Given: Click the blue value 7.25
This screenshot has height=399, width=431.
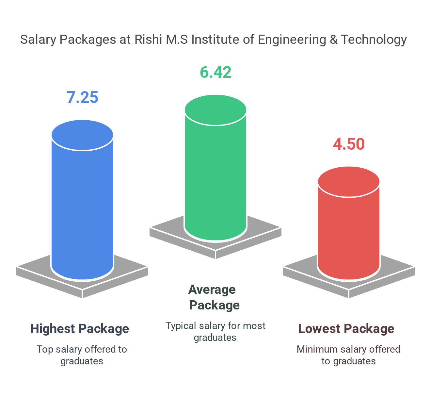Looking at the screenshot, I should pos(82,97).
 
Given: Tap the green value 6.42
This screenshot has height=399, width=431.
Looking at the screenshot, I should pos(215,72).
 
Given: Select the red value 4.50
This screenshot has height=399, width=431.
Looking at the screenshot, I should pos(349,144).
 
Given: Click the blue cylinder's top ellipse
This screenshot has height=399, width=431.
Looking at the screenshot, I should pos(82,135).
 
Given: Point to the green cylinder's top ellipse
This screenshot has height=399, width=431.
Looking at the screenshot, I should pos(215,110).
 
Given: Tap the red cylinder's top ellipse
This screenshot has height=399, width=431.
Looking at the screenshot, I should pos(349,182).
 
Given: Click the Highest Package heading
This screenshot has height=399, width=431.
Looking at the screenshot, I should pos(80,329).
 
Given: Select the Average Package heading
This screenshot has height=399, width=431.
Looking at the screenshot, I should pos(214,297).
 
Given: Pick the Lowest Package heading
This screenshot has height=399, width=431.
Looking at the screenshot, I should pos(346,329).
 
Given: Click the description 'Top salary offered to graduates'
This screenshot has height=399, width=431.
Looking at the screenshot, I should pos(82,355).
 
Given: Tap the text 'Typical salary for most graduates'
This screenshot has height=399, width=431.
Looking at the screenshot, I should pos(215,331).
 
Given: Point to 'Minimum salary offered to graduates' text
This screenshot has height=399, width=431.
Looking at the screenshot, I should pos(348,355).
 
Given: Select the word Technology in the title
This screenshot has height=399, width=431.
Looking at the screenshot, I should pos(374,40).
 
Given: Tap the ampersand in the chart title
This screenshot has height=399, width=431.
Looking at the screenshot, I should pos(334,40).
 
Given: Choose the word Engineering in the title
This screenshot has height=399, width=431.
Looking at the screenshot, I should pos(292,40).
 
